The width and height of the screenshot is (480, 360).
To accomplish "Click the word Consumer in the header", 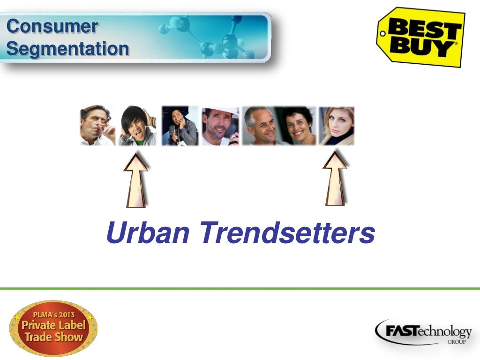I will tap(52, 26).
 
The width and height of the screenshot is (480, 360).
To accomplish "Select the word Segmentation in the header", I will tap(68, 48).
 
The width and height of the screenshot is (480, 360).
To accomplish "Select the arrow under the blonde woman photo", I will tap(335, 179).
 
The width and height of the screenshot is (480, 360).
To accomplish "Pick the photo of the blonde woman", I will tap(337, 126).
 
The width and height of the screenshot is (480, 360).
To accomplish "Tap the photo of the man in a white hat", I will tap(220, 126).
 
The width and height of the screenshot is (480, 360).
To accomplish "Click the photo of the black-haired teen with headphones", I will tap(137, 126).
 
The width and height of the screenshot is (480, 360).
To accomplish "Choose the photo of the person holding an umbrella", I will tap(180, 126).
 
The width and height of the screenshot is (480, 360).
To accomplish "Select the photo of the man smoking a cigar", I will tap(97, 126).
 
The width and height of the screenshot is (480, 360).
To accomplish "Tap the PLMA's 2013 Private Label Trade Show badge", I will tap(53, 328).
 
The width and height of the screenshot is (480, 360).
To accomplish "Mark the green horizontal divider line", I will tap(240, 288).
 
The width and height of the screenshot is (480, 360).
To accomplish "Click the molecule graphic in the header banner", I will tap(206, 37).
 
